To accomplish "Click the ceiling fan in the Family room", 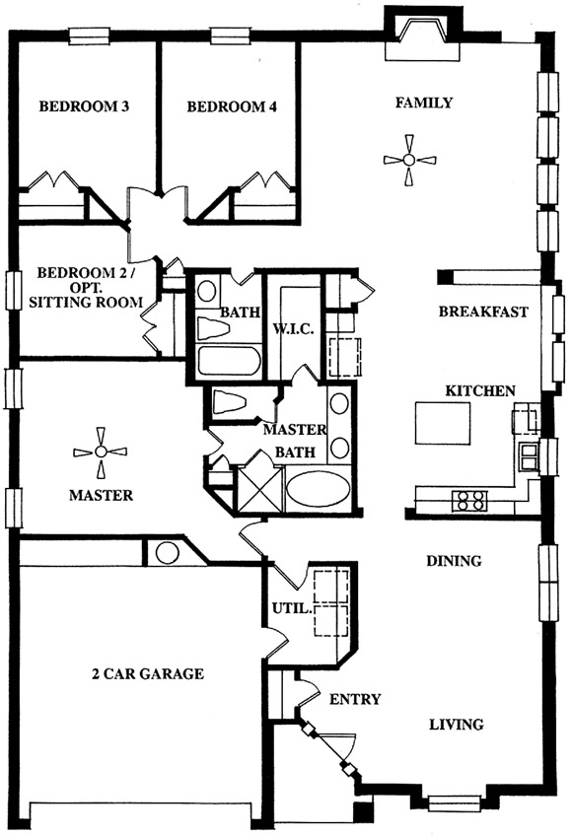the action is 409,160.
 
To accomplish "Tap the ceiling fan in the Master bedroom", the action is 101,453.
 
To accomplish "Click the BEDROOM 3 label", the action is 84,106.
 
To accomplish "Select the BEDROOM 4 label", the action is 232,107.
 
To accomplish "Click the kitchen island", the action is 443,423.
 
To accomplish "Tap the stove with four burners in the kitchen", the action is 469,501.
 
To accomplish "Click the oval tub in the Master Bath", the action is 318,489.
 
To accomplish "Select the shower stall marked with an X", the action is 258,489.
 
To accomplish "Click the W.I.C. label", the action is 294,329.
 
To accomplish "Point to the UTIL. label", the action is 291,608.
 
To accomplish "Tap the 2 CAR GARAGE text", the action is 148,674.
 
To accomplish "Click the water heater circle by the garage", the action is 167,553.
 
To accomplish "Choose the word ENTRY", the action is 355,699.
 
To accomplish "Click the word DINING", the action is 454,561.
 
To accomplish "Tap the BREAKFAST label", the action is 483,312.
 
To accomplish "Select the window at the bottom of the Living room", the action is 455,802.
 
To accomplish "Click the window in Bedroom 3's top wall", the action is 89,36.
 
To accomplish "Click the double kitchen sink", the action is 529,456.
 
